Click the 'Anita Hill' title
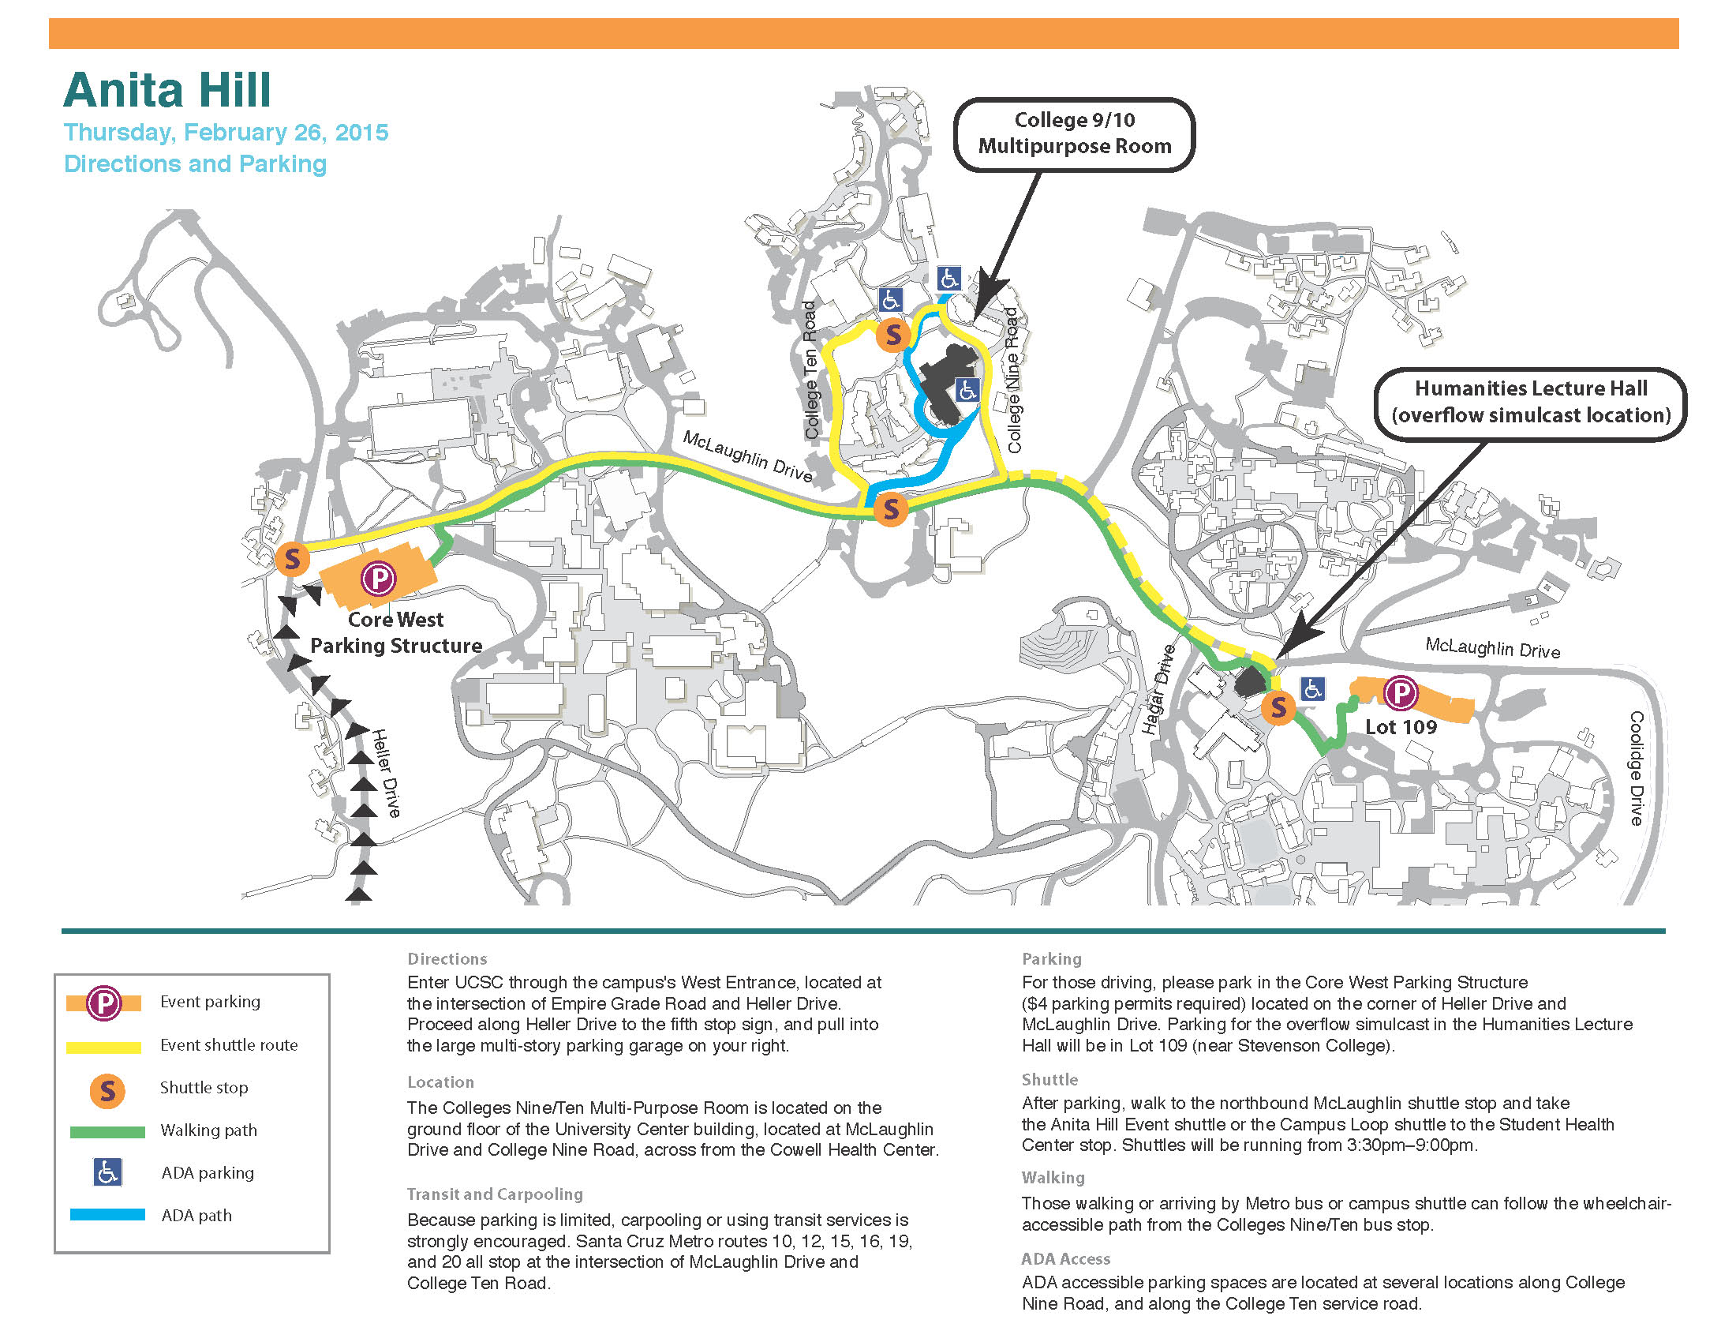pyautogui.click(x=168, y=90)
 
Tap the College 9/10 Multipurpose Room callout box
pyautogui.click(x=1074, y=133)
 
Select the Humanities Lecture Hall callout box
pyautogui.click(x=1530, y=403)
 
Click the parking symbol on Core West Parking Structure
pyautogui.click(x=378, y=578)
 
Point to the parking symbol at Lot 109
pyautogui.click(x=1401, y=693)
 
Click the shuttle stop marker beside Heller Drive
pyautogui.click(x=292, y=559)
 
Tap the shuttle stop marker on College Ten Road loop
pyautogui.click(x=892, y=335)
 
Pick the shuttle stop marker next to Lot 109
pyautogui.click(x=1278, y=706)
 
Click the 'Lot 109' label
pyautogui.click(x=1401, y=726)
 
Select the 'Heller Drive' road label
pyautogui.click(x=387, y=773)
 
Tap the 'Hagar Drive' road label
pyautogui.click(x=1159, y=688)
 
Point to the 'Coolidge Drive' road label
pyautogui.click(x=1637, y=768)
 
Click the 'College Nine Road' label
pyautogui.click(x=1012, y=380)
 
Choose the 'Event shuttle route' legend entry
pyautogui.click(x=229, y=1044)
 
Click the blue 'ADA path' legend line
pyautogui.click(x=107, y=1215)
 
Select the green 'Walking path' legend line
pyautogui.click(x=107, y=1130)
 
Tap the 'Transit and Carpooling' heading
pyautogui.click(x=495, y=1194)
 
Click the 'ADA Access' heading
pyautogui.click(x=1065, y=1258)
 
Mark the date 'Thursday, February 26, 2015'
pyautogui.click(x=226, y=132)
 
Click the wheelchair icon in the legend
pyautogui.click(x=107, y=1171)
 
